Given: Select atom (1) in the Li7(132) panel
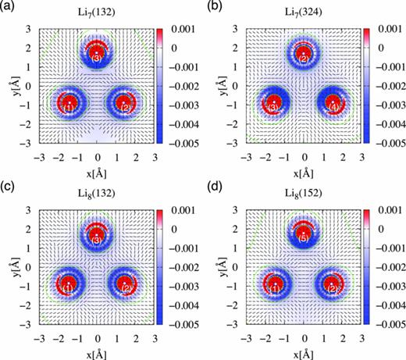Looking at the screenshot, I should click(69, 103).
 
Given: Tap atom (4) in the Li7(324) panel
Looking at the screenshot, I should click(333, 104).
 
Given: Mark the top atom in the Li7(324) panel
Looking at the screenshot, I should click(304, 55).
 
